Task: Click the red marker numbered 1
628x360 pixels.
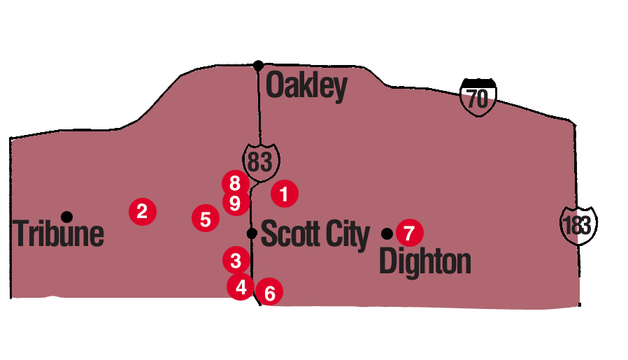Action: (x=284, y=193)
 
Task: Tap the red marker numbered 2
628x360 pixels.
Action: (x=142, y=210)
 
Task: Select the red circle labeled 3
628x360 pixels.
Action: (x=236, y=260)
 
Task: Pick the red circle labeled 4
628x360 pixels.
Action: (x=241, y=286)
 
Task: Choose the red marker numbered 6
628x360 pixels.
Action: (x=270, y=292)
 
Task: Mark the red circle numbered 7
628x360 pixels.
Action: (x=409, y=232)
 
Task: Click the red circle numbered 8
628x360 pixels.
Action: (x=235, y=184)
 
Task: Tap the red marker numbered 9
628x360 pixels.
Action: (x=236, y=203)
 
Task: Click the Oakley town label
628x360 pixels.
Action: (x=307, y=87)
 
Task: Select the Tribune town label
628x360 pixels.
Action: (x=59, y=235)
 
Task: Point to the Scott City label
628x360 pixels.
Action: (x=315, y=235)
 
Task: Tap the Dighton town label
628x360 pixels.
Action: (x=424, y=262)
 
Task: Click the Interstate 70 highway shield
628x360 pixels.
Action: (x=478, y=96)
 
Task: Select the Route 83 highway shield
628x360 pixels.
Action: (x=260, y=161)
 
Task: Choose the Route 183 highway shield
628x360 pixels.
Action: (x=579, y=224)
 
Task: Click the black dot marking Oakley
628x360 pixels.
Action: (x=258, y=65)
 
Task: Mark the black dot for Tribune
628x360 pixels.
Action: (x=66, y=215)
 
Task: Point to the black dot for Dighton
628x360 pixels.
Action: (x=386, y=232)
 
